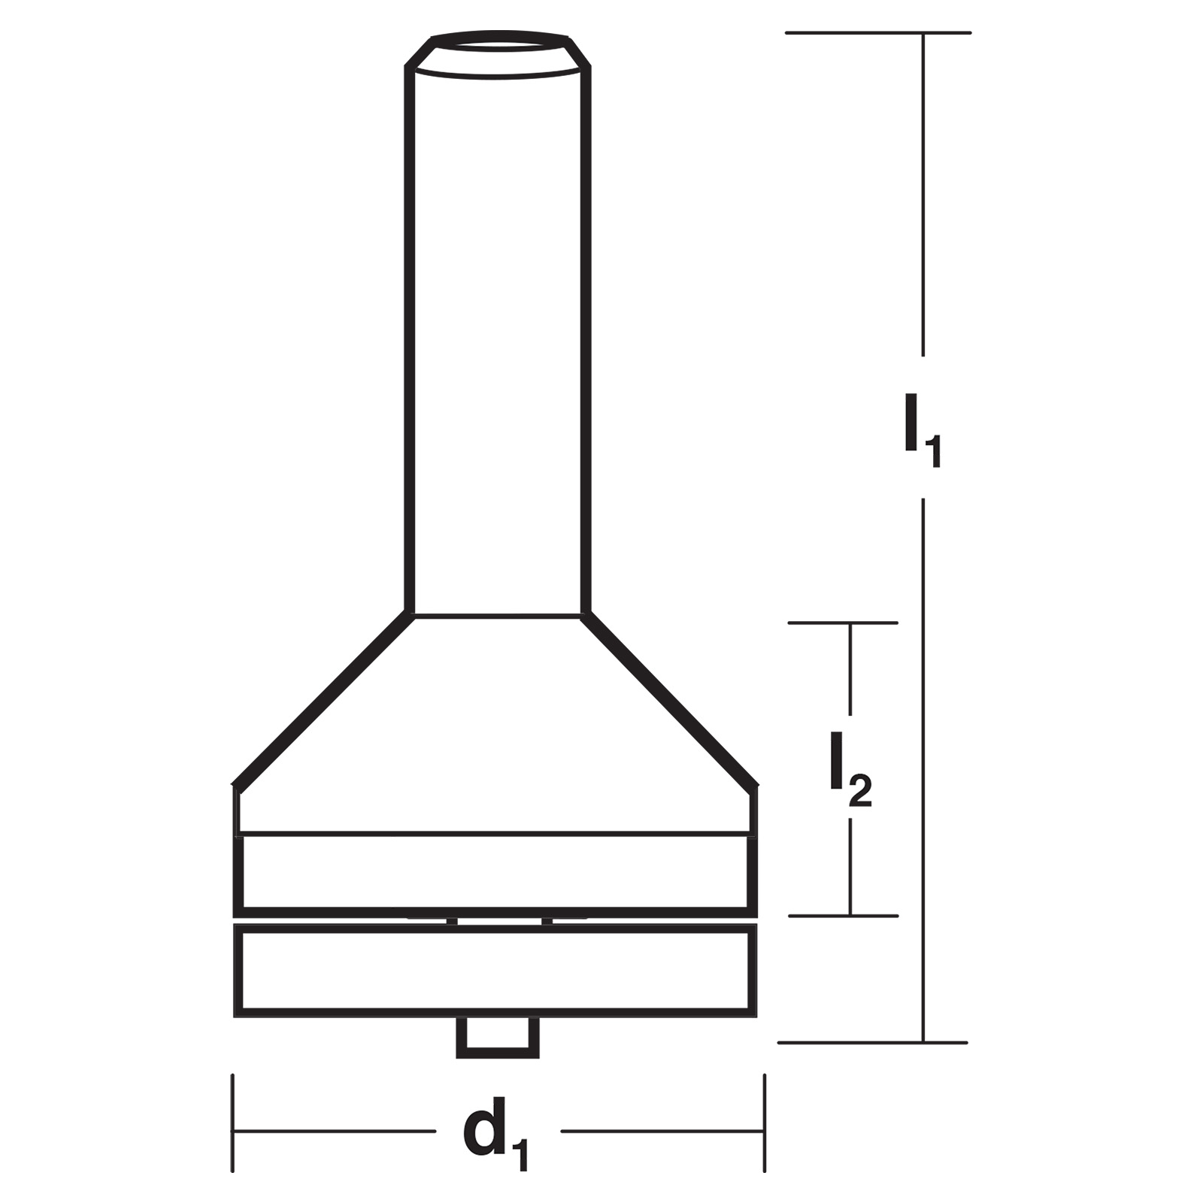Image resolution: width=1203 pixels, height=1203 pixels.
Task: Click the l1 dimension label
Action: [x=923, y=429]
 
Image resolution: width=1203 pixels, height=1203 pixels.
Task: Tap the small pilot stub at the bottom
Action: [x=498, y=1038]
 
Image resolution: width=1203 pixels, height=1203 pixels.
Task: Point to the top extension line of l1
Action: [x=878, y=32]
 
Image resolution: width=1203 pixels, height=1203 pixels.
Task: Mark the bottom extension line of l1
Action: [x=872, y=1043]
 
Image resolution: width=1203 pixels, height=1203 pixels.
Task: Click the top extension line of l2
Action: [x=843, y=623]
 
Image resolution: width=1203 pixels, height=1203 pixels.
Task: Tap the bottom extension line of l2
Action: [x=843, y=916]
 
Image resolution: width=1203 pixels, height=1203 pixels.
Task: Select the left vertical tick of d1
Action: [x=233, y=1123]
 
